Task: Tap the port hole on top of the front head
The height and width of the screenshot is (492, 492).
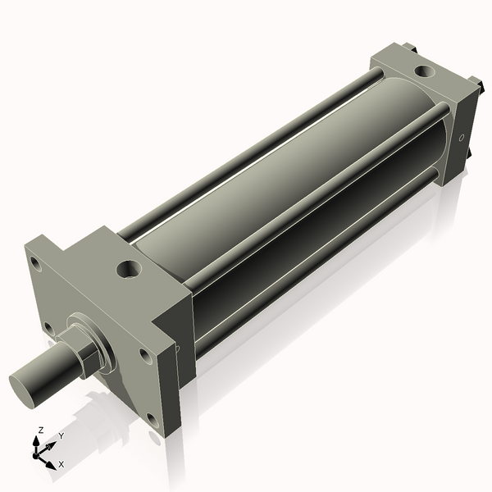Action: [x=129, y=268]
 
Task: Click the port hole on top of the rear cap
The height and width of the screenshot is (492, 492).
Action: [x=424, y=71]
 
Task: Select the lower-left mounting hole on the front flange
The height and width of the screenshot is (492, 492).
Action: [x=49, y=328]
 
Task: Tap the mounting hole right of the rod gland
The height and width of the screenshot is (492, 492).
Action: [x=145, y=355]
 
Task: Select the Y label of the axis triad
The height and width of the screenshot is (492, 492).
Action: [x=61, y=436]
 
